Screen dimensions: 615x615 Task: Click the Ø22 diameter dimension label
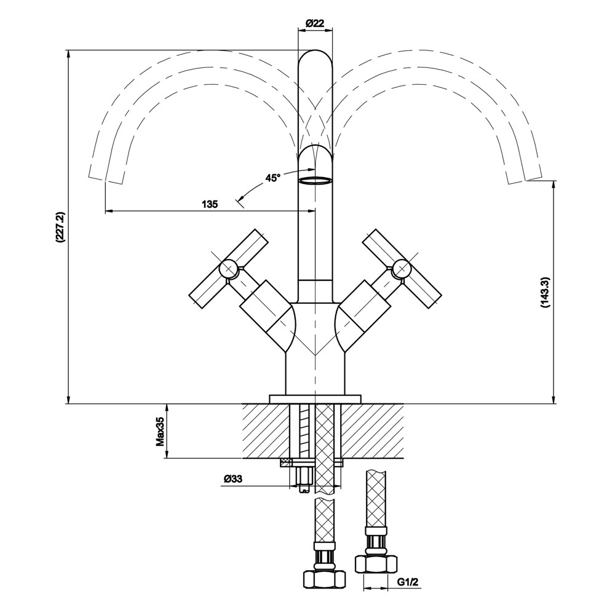(x=314, y=23)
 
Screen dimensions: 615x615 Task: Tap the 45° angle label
(x=272, y=178)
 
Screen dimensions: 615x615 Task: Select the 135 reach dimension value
(x=210, y=204)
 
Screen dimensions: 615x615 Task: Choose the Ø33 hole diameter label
(x=234, y=478)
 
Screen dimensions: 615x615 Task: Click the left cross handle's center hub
(x=228, y=268)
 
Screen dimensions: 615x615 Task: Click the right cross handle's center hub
(x=402, y=268)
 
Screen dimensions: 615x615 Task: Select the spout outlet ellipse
(x=314, y=180)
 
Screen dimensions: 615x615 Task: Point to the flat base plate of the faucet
(x=314, y=399)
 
